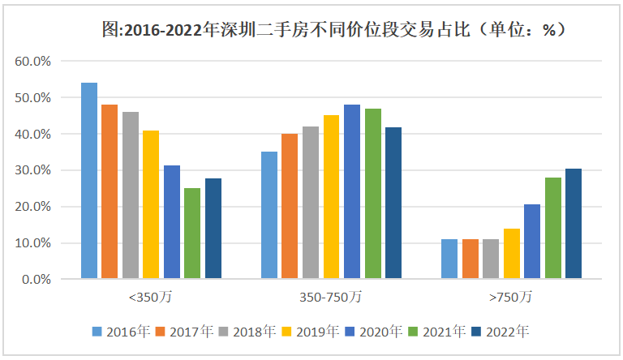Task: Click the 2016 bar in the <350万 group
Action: [x=89, y=181]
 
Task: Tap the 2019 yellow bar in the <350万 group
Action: [x=151, y=204]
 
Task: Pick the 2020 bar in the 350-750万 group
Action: [x=351, y=191]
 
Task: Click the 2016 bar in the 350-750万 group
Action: [x=269, y=215]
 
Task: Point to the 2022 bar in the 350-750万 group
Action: [x=393, y=203]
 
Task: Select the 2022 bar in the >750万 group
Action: [x=573, y=224]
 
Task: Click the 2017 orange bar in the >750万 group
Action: [x=470, y=259]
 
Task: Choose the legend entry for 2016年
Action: [x=121, y=331]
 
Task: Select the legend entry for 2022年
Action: [x=508, y=331]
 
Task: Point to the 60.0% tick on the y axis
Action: [x=33, y=61]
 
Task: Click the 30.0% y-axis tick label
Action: [x=33, y=170]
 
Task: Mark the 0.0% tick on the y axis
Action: [x=37, y=279]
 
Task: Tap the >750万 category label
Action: [x=511, y=298]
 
